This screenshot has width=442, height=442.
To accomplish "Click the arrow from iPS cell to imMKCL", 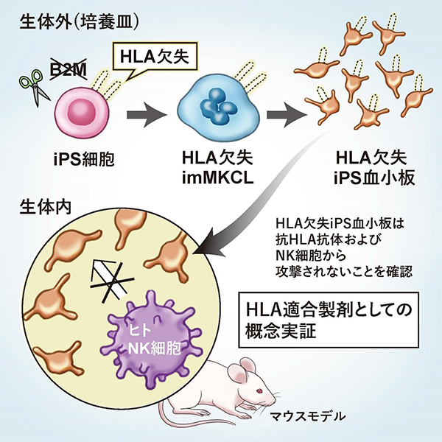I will [x=147, y=115].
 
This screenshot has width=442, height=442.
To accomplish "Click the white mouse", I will [x=236, y=387].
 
